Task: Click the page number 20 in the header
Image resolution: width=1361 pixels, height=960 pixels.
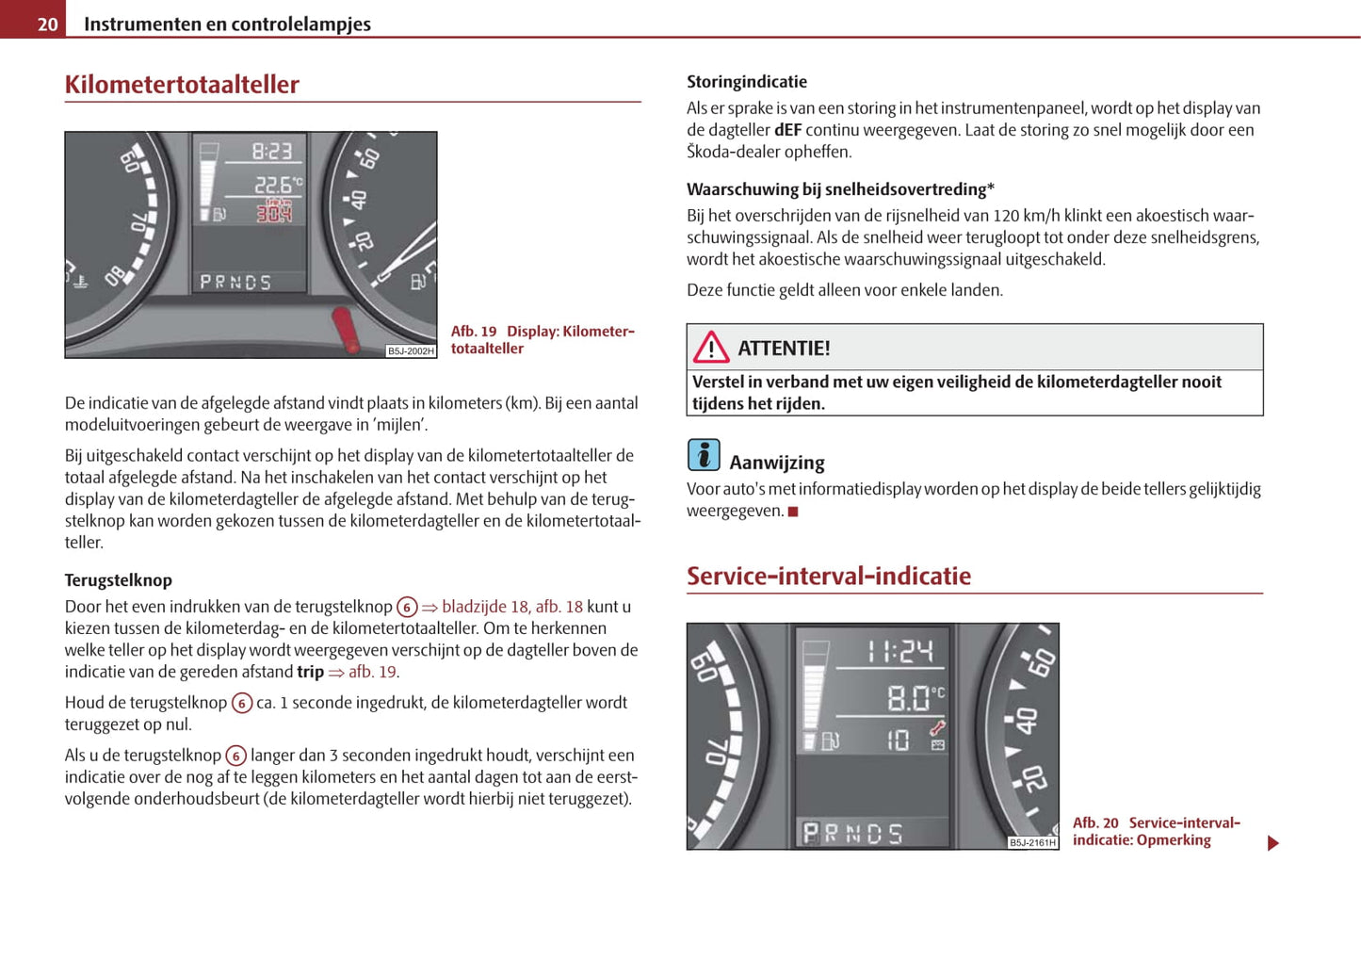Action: coord(47,24)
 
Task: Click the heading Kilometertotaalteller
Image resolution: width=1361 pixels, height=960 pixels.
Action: coord(182,85)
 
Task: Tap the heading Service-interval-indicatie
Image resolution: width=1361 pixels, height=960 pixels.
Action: coord(828,576)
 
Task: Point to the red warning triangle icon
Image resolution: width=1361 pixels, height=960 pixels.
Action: coord(711,348)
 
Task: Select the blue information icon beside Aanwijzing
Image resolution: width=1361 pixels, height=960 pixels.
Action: coord(704,455)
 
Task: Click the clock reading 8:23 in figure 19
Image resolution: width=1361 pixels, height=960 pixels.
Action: coord(271,151)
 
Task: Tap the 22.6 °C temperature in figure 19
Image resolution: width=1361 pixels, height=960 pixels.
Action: coord(277,186)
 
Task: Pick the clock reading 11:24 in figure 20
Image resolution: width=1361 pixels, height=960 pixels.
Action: coord(899,651)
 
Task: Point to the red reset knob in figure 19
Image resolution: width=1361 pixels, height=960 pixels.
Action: coord(346,329)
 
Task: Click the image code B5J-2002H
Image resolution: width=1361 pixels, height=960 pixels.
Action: coord(411,351)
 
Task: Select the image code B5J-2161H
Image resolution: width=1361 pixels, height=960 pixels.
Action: coord(1032,842)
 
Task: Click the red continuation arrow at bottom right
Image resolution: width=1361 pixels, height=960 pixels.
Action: coord(1272,843)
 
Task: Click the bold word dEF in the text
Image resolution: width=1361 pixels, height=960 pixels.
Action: coord(787,130)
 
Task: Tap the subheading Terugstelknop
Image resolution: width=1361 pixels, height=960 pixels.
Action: coord(119,580)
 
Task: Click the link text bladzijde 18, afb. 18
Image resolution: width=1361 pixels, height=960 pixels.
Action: coord(511,607)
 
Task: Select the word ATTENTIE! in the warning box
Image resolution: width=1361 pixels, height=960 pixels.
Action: coord(784,349)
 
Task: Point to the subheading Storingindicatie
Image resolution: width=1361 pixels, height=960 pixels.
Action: coord(747,82)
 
